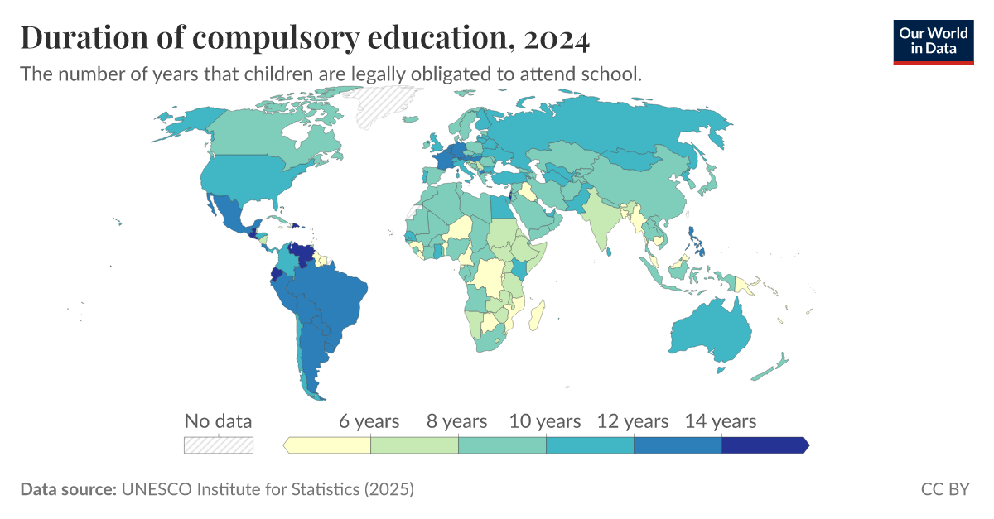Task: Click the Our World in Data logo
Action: tap(933, 41)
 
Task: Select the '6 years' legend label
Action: tap(369, 421)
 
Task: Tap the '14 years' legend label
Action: tap(720, 421)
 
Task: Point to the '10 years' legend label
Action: tap(545, 421)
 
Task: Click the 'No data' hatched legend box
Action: tap(218, 445)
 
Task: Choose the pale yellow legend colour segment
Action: tap(328, 445)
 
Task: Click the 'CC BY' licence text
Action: tap(944, 489)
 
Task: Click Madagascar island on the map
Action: tap(537, 316)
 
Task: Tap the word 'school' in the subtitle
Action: tap(614, 74)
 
